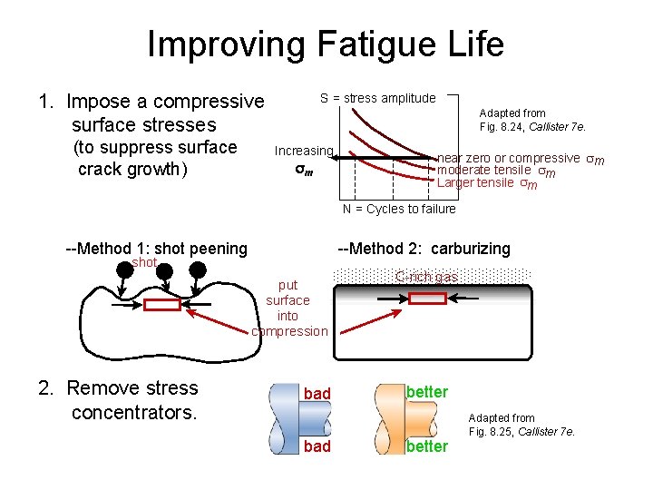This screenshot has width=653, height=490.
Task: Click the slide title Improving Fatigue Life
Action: click(326, 44)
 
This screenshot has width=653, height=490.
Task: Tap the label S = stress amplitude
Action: click(377, 98)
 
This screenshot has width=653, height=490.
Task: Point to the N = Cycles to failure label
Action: click(399, 210)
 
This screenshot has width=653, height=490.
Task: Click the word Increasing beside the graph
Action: click(304, 151)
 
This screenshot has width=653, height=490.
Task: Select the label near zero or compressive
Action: click(509, 158)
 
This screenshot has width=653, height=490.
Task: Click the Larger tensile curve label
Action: click(487, 183)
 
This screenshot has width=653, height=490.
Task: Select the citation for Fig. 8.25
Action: click(521, 425)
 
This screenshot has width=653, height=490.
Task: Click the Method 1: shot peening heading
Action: click(157, 249)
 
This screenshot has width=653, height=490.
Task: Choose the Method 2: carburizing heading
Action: click(424, 249)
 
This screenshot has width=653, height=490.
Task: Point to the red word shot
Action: click(144, 263)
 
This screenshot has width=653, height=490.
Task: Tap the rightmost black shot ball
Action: click(198, 269)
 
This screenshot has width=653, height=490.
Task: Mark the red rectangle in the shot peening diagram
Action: click(162, 305)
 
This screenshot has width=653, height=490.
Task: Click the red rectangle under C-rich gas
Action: click(427, 298)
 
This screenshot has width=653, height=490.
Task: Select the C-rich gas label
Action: click(426, 277)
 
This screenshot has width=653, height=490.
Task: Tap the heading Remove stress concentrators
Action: click(118, 400)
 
